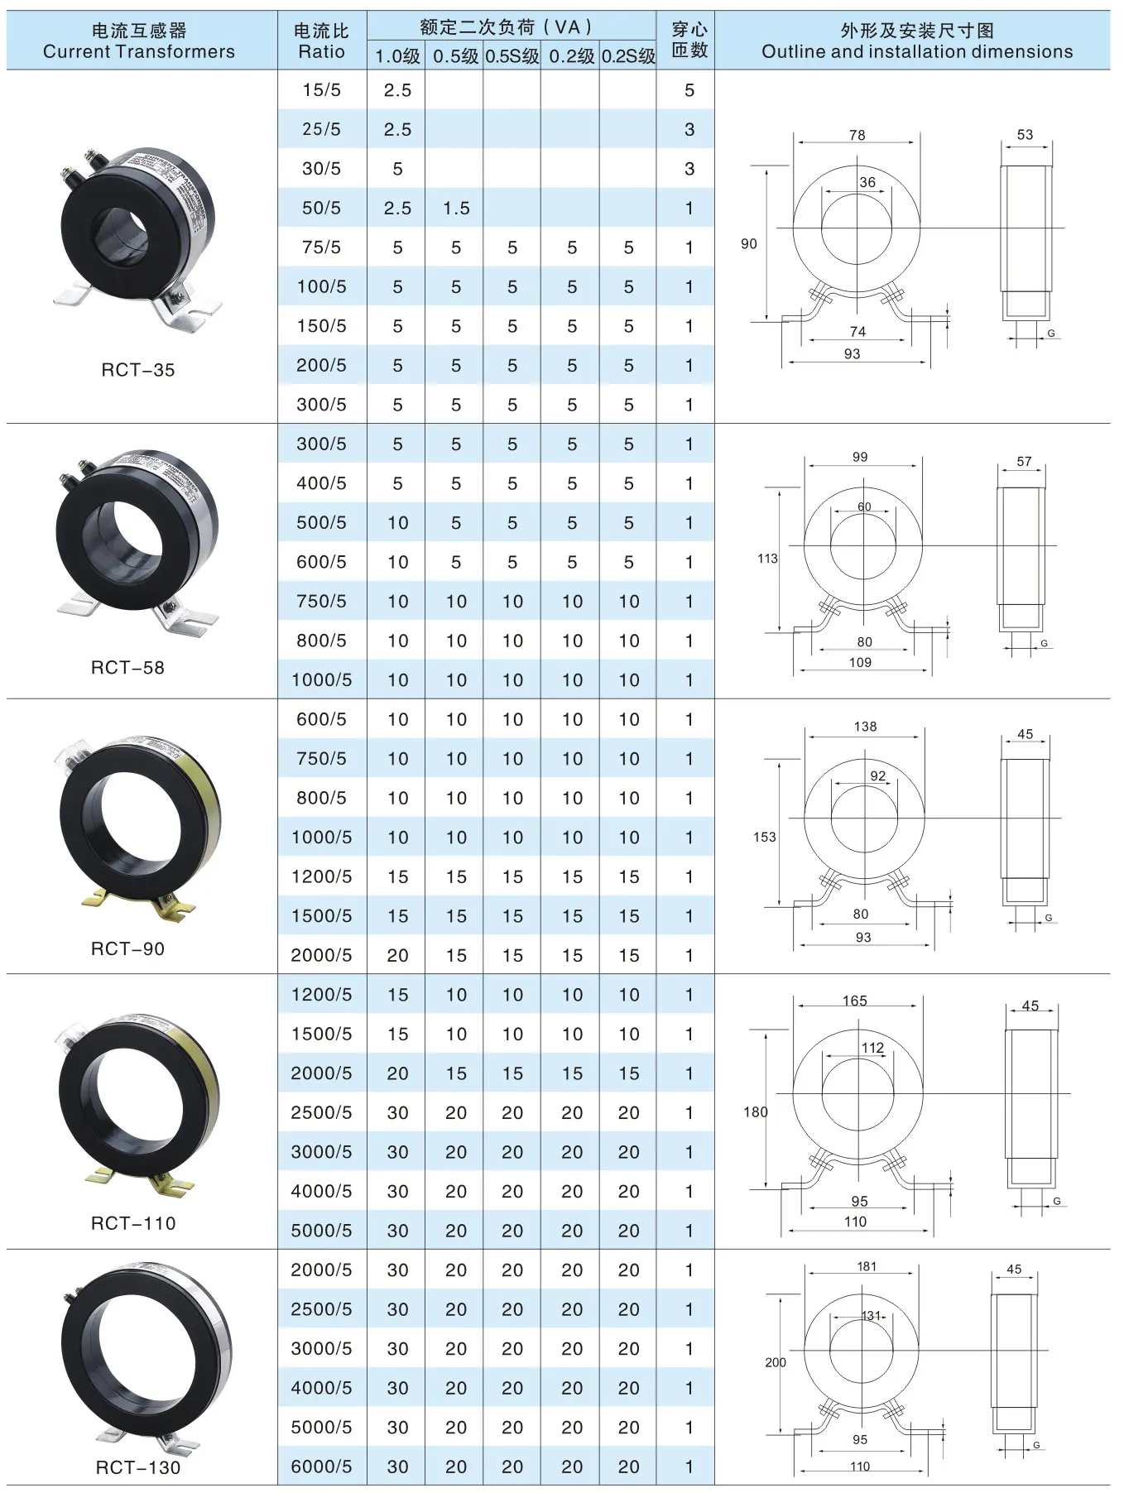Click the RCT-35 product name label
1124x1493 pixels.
point(138,370)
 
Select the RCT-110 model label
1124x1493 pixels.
point(133,1223)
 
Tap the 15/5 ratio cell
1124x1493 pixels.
point(321,90)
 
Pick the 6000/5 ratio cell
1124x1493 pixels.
point(321,1467)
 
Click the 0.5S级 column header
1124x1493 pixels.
point(512,57)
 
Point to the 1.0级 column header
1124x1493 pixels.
point(397,57)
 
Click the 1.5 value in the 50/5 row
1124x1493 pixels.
point(456,209)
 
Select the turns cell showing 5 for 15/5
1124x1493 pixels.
point(689,90)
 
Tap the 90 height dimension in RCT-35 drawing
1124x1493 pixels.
point(748,244)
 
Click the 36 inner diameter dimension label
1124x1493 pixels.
point(867,183)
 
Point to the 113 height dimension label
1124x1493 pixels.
point(767,559)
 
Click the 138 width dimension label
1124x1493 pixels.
point(865,727)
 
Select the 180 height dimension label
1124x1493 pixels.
point(755,1112)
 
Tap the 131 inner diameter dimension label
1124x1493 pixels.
point(871,1316)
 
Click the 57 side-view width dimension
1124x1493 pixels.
point(1024,462)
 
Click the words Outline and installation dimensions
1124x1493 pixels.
point(916,52)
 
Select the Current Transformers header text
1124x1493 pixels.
point(138,52)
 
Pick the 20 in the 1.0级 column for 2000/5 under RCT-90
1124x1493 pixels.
point(397,956)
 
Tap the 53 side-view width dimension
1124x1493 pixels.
point(1025,135)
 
